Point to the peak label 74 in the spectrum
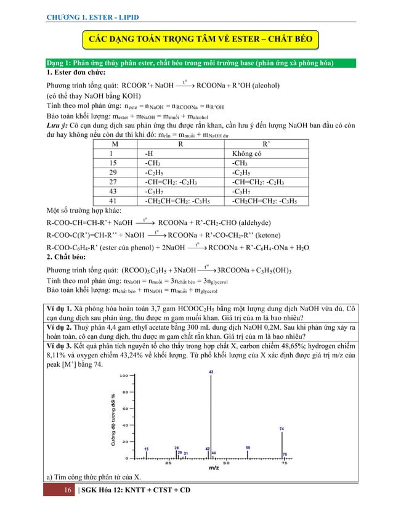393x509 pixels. coord(282,428)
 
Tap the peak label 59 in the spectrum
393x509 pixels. coord(248,447)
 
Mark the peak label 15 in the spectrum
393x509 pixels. coord(145,449)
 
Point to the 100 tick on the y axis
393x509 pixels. coord(123,375)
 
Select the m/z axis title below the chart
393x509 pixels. coord(213,469)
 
